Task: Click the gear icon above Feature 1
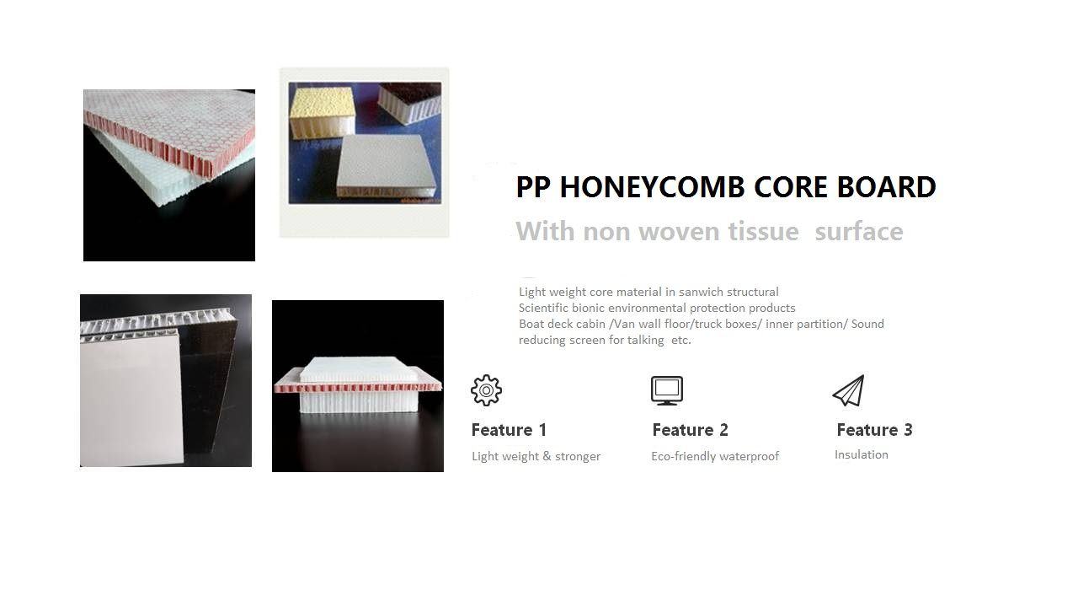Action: tap(486, 389)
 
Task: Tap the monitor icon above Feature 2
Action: tap(666, 390)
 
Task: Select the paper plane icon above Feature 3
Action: tap(848, 390)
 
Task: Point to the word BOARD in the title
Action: tap(887, 187)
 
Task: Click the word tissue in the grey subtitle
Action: tap(763, 231)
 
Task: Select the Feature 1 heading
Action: tap(509, 430)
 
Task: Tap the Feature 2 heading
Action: tap(690, 430)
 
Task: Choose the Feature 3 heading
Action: tap(874, 430)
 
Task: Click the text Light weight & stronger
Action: tap(536, 456)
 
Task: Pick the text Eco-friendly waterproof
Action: tap(715, 456)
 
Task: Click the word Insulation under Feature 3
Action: tap(861, 454)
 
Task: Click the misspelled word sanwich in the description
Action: tap(701, 292)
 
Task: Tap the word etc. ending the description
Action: tap(681, 340)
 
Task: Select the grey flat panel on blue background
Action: tap(388, 166)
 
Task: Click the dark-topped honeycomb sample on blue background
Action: tap(410, 102)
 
